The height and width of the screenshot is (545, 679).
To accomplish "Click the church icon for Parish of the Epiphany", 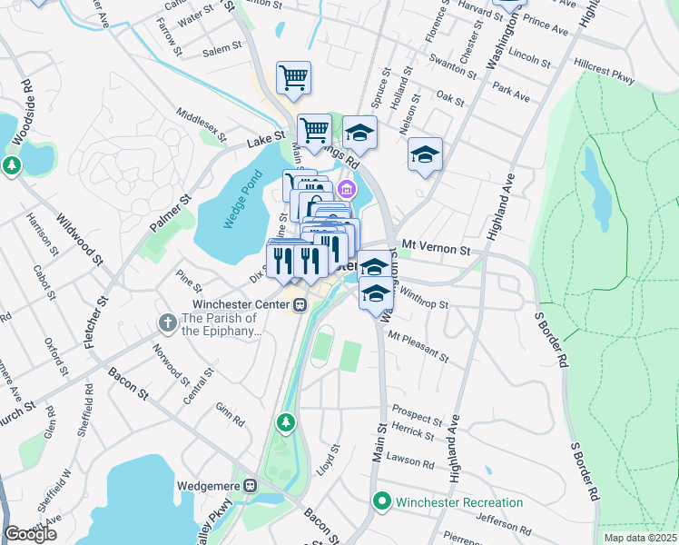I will [167, 322].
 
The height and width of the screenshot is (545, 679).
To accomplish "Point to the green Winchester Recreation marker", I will [383, 501].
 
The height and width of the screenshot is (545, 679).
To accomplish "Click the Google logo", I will [30, 534].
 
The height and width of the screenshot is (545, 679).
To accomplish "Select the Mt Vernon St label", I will [436, 248].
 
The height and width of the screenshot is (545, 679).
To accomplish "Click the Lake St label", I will [266, 143].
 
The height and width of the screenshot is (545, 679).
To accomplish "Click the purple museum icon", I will [346, 189].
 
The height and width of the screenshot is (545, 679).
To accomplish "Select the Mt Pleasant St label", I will [418, 346].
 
